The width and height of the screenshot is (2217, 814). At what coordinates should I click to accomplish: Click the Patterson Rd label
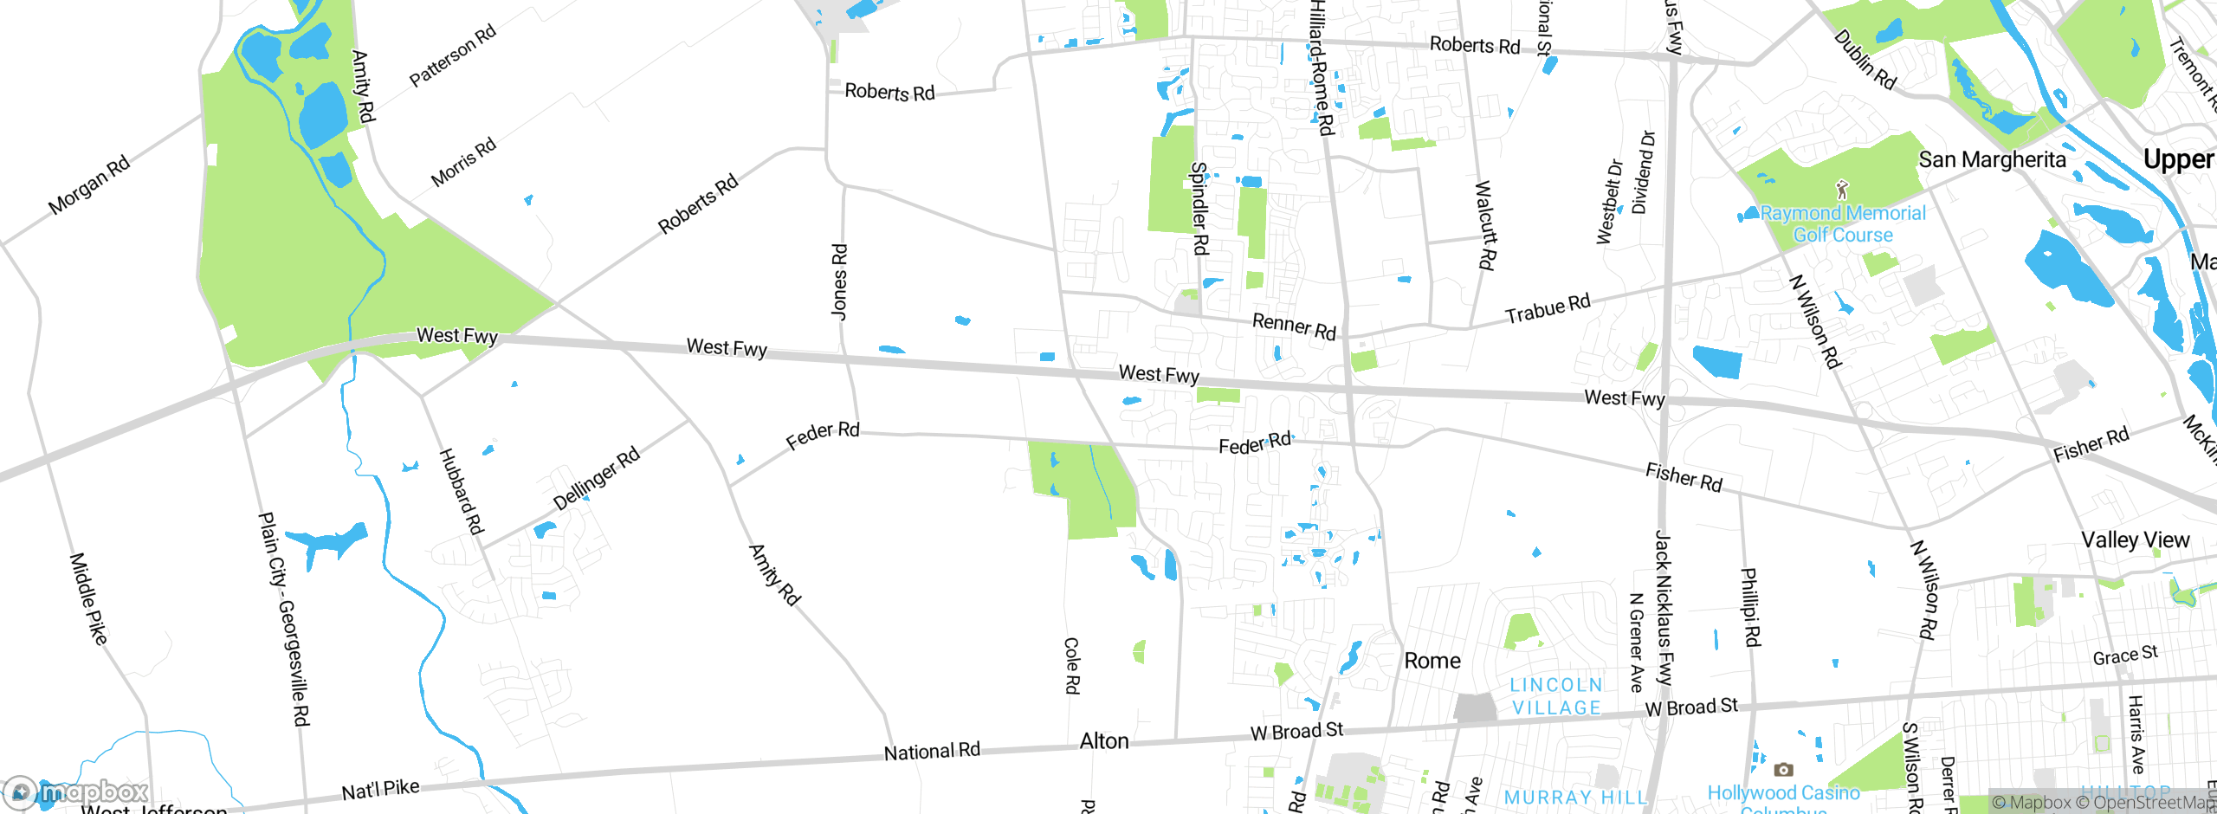point(452,56)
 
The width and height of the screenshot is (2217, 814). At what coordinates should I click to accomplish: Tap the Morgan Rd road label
point(88,184)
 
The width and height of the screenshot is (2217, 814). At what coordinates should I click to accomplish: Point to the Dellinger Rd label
point(597,478)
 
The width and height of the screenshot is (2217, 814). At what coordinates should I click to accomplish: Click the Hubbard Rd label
point(461,491)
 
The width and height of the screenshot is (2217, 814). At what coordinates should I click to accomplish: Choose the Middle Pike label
point(88,599)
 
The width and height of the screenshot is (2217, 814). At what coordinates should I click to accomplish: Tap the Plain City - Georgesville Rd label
point(284,618)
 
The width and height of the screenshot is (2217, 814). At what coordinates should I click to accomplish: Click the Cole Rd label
point(1072,665)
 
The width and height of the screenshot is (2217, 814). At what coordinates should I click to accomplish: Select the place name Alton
point(1104,741)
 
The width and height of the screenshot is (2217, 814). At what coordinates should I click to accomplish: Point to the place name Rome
point(1432,661)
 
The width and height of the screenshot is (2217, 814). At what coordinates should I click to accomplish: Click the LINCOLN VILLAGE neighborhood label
point(1556,696)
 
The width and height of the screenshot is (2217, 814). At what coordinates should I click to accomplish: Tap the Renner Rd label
point(1294,326)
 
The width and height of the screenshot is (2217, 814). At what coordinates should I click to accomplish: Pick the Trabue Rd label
point(1548,308)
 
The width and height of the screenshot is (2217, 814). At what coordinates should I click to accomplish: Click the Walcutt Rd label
point(1485,225)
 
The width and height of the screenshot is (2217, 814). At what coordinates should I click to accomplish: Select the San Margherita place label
point(1992,159)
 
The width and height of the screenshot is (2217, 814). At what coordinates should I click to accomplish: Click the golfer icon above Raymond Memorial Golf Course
point(1842,189)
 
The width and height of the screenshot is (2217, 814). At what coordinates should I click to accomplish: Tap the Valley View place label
point(2135,539)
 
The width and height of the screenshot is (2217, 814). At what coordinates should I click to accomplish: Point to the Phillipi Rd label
point(1751,607)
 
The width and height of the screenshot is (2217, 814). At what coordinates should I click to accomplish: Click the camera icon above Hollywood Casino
point(1783,769)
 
